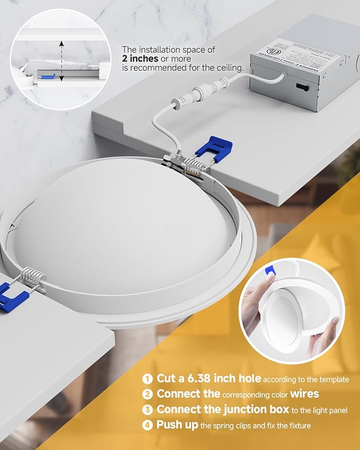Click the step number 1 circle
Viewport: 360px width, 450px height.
[x=147, y=378]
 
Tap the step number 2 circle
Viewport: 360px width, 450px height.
[x=147, y=394]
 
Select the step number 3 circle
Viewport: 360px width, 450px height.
[x=147, y=410]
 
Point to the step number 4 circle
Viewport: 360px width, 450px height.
[x=147, y=426]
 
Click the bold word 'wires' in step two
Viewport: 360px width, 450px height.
[x=304, y=394]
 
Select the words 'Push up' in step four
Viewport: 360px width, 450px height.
[x=178, y=426]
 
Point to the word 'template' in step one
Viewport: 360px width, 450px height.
[x=333, y=380]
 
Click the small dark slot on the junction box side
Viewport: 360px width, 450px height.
[x=300, y=86]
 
